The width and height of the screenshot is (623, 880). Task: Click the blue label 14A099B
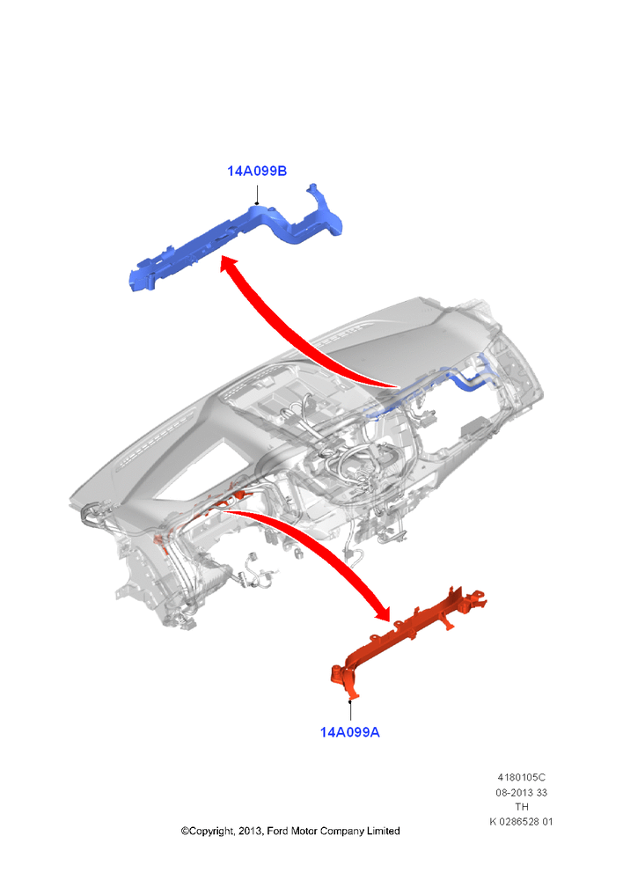(x=256, y=172)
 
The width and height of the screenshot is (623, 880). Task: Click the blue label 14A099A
(x=349, y=732)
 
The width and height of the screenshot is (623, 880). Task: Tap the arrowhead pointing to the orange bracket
(x=380, y=611)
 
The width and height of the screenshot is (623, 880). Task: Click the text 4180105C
(x=521, y=777)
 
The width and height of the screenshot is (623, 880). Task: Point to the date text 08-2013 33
(x=521, y=793)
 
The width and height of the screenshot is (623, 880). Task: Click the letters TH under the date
(x=522, y=806)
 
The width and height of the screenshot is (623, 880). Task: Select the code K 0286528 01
(x=521, y=822)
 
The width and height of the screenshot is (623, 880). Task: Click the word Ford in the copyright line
(x=277, y=831)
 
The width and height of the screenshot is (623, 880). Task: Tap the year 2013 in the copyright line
(x=250, y=832)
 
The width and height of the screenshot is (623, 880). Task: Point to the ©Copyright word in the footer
(x=208, y=832)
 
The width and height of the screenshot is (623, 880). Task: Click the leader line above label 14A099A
(x=350, y=710)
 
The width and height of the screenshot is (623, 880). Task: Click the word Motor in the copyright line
(x=304, y=831)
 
